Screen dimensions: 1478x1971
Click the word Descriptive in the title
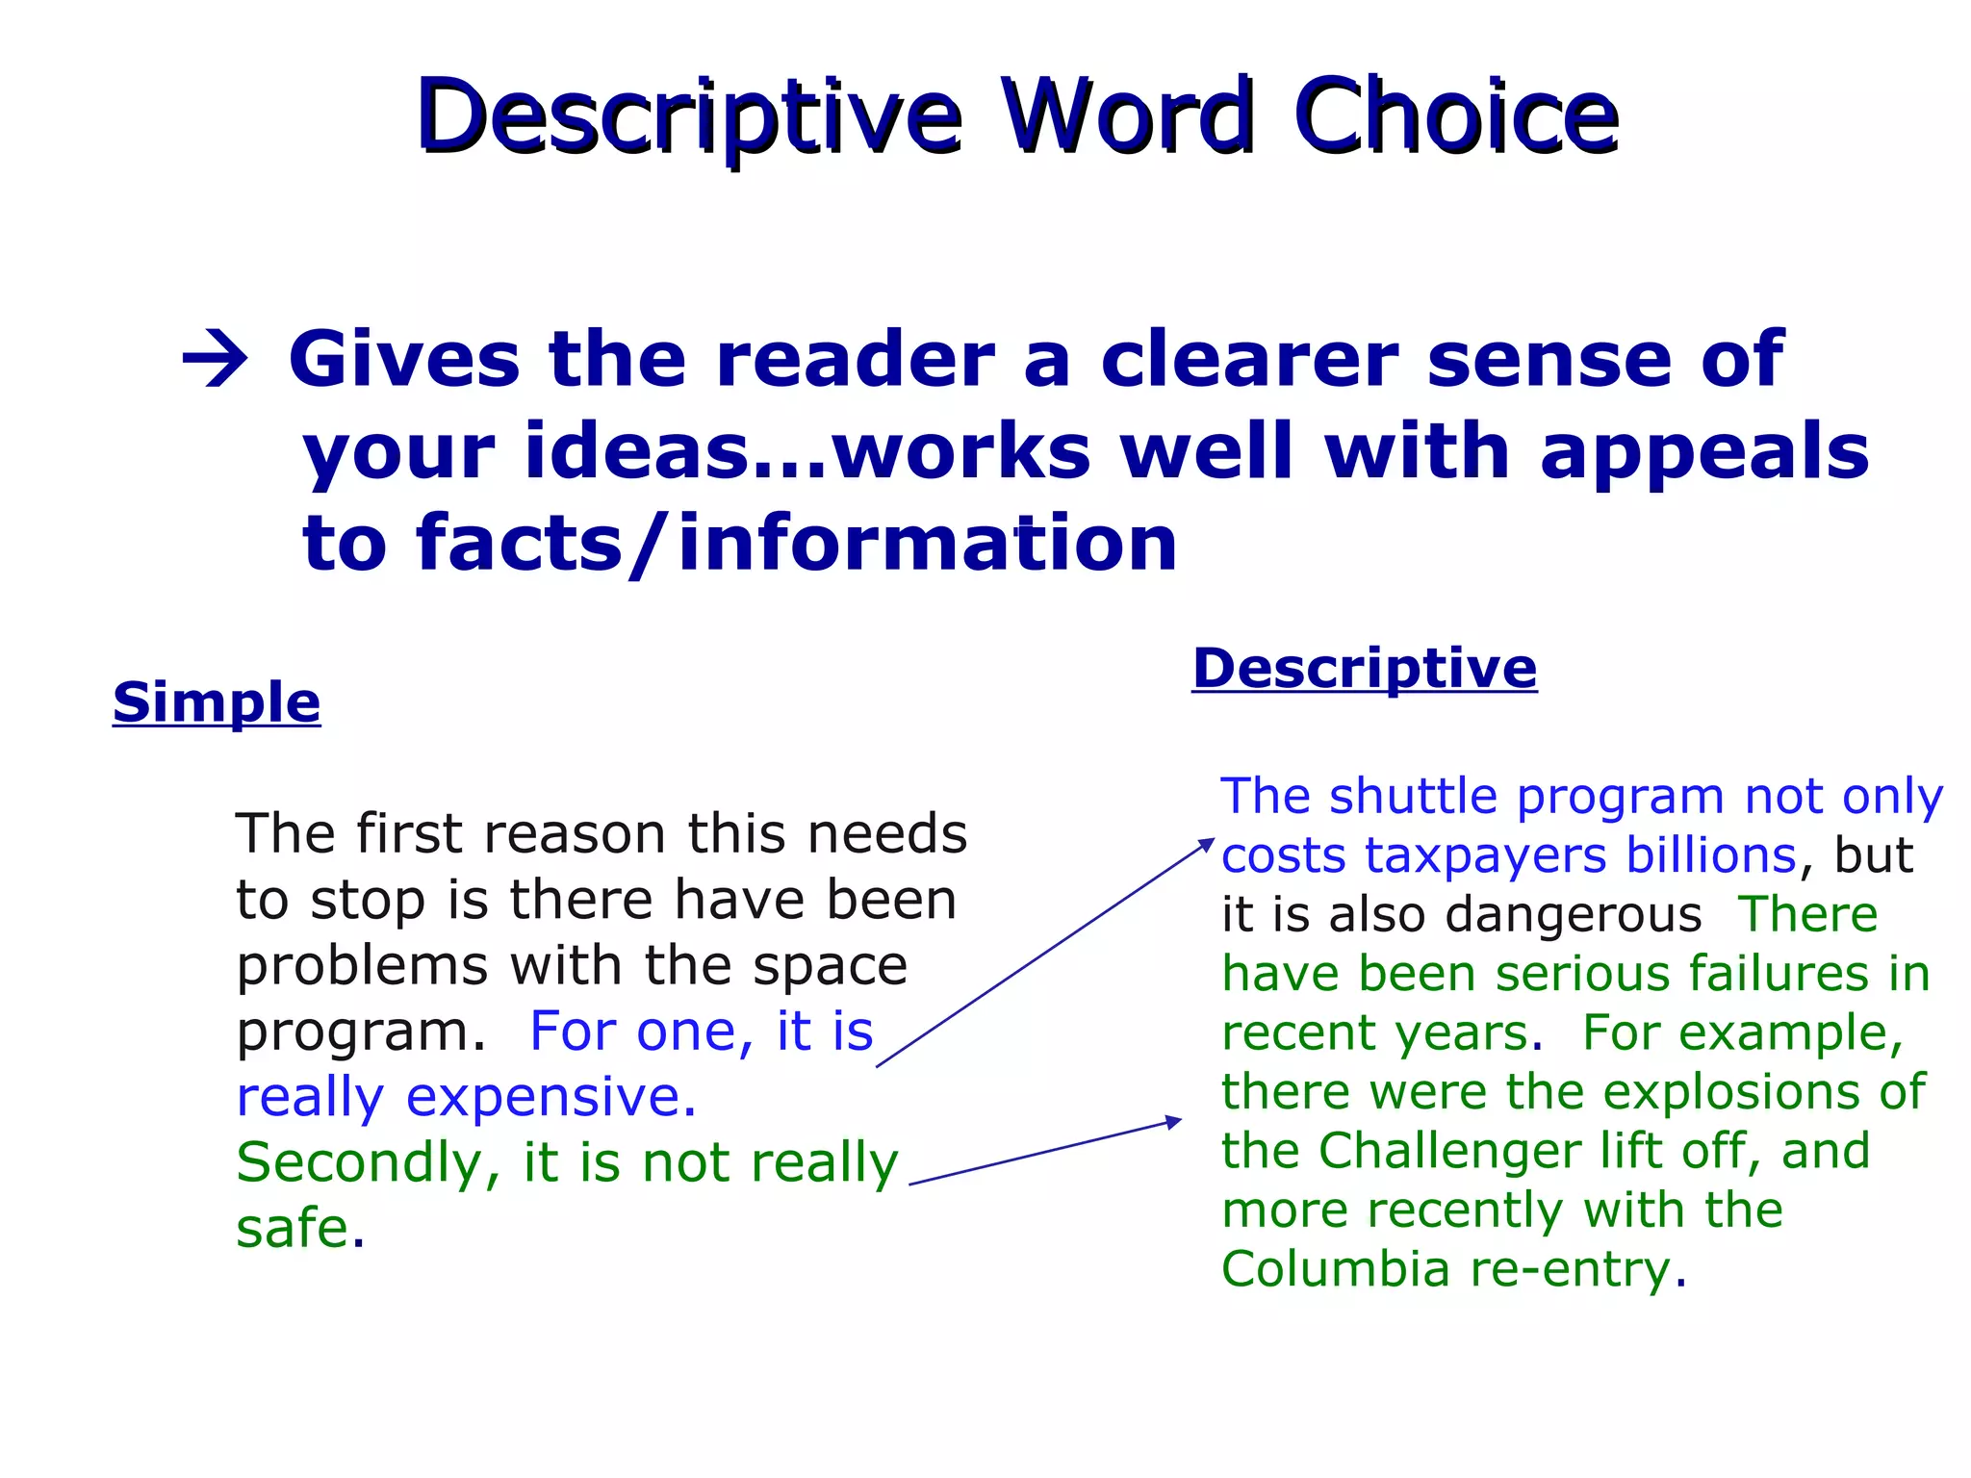[689, 117]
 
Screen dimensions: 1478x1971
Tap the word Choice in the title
[1455, 117]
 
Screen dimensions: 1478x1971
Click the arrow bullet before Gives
[215, 362]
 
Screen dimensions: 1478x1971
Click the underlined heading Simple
[217, 701]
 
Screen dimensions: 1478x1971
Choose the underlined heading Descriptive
[1364, 668]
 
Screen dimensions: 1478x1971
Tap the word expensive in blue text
[551, 1097]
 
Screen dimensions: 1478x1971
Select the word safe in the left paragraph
[293, 1229]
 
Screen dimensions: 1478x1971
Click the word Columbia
[1335, 1269]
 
